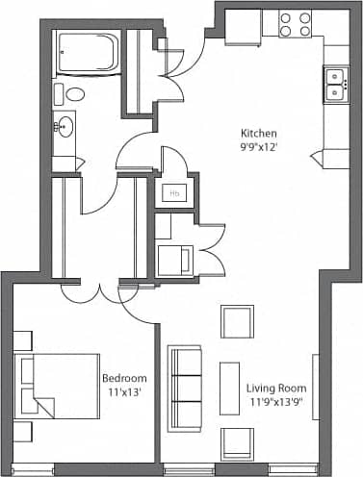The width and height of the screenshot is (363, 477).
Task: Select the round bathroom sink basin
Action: [x=65, y=125]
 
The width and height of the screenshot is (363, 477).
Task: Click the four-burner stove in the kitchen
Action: [x=295, y=24]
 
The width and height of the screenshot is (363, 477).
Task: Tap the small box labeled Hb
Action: [x=174, y=192]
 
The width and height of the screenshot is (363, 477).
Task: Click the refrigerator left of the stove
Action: [x=243, y=27]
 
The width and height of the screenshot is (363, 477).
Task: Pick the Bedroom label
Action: [x=124, y=378]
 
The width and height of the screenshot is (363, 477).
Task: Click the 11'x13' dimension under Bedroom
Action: [x=124, y=392]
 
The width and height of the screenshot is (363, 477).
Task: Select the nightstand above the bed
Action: [x=22, y=339]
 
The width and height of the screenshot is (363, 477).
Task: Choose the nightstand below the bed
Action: [x=22, y=432]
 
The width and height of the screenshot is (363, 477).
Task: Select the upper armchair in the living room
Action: [x=236, y=321]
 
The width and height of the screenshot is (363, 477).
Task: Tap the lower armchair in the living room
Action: [x=236, y=443]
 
